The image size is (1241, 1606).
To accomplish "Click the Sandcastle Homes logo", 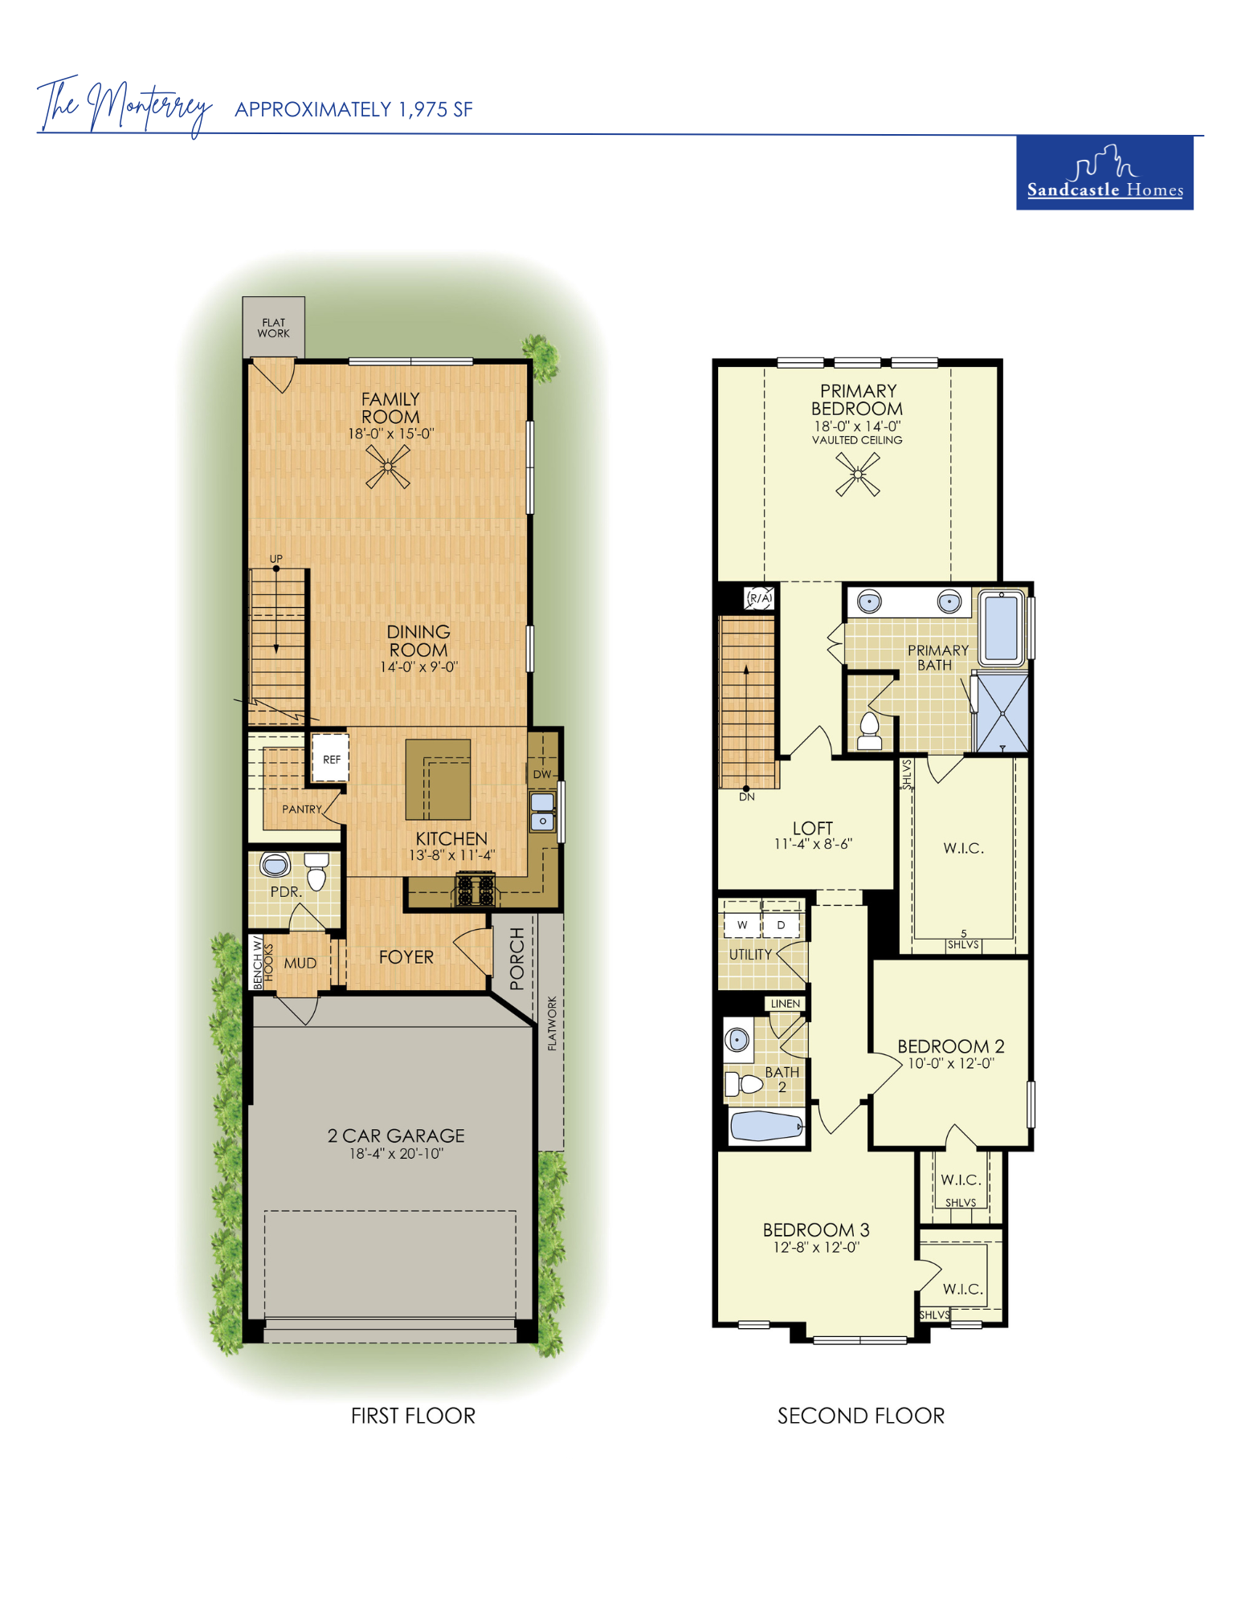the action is coord(1104,173).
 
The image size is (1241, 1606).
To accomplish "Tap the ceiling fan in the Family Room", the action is coord(388,467).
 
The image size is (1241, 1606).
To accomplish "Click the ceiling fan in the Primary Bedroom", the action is coord(858,475).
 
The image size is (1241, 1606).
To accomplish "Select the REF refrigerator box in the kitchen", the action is coord(331,758).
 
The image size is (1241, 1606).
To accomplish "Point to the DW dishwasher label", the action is coord(542,774).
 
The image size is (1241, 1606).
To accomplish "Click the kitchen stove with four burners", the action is coord(476,889).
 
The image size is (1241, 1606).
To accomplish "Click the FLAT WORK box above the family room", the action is coord(274,328).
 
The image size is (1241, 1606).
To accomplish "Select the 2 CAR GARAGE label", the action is coord(396,1135).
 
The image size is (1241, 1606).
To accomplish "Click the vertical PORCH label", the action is coord(516,958).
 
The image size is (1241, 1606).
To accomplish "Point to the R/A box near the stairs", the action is coord(760,598).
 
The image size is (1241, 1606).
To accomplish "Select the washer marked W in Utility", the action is coord(742,925).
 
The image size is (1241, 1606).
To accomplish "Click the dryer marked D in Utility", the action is coord(781,925).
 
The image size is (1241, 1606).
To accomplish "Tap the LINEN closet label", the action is coord(786,1004).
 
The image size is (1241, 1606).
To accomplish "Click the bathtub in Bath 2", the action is coord(766,1126).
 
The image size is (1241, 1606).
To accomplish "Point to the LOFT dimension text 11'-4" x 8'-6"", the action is coord(813,844).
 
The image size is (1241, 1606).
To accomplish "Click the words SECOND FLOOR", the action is coord(861,1416).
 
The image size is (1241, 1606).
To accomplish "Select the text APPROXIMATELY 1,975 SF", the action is coord(353,109).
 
